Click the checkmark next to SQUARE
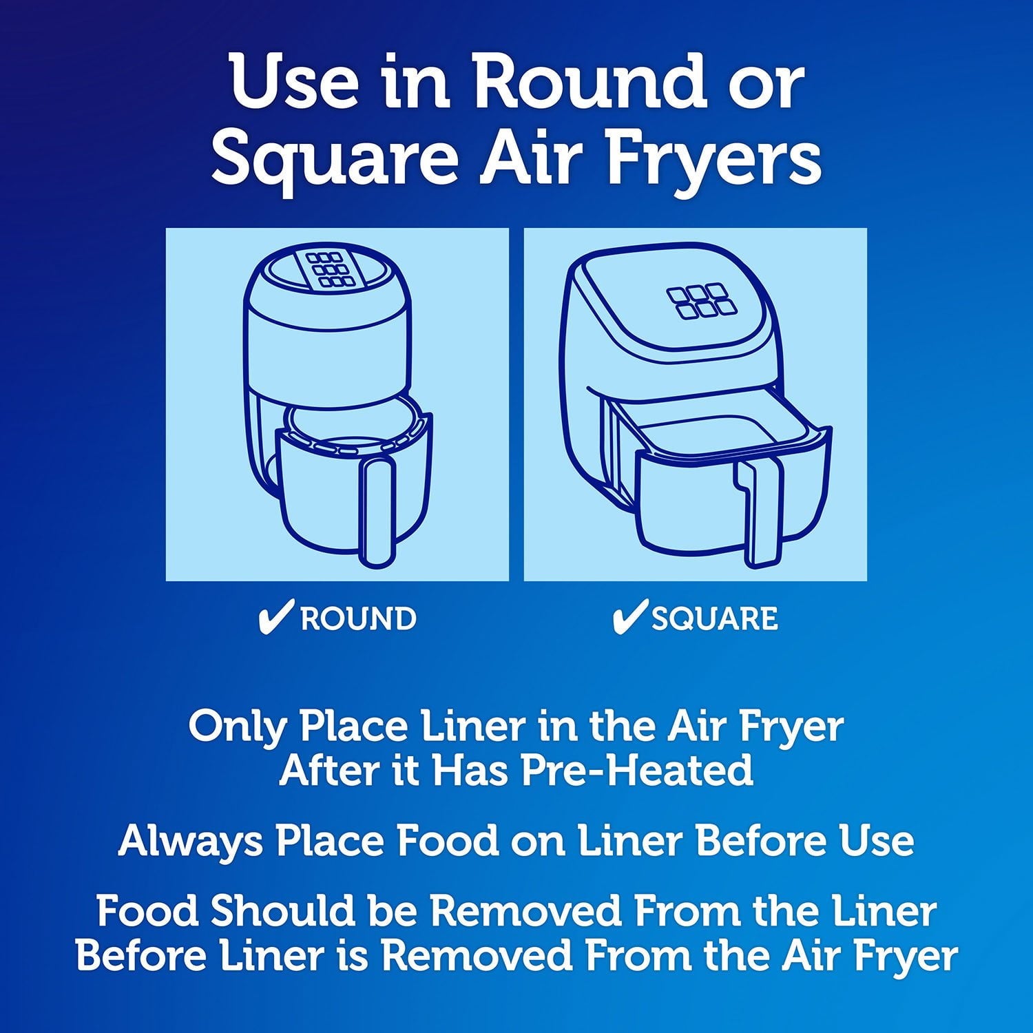pos(629,617)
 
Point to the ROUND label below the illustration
pos(358,618)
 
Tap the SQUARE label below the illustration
pos(715,619)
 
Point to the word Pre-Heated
pos(637,770)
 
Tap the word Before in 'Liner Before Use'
pos(760,840)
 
